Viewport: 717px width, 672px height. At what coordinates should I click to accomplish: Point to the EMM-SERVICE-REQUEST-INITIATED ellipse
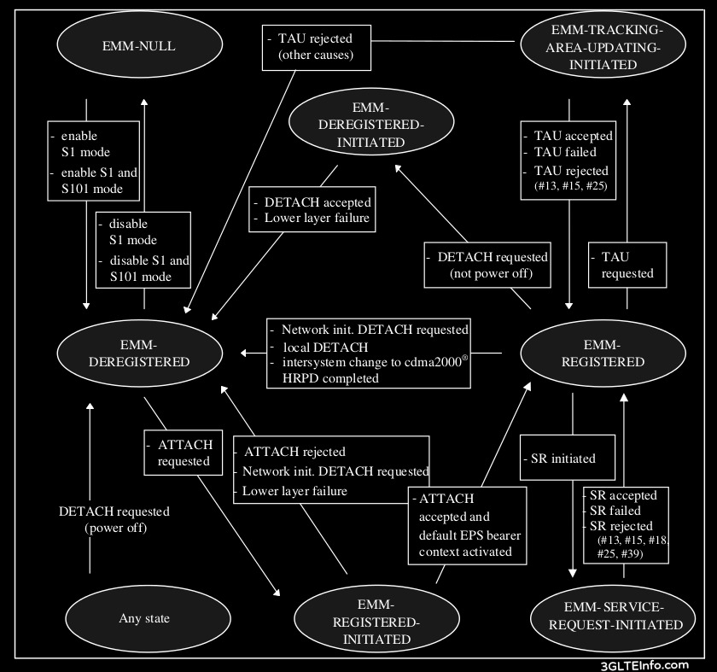point(607,616)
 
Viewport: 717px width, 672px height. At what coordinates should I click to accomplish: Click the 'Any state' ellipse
point(142,618)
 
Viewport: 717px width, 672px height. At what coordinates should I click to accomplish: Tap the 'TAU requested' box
point(627,264)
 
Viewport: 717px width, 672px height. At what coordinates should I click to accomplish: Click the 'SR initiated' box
point(568,459)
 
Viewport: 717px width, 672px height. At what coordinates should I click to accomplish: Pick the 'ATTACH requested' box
point(183,452)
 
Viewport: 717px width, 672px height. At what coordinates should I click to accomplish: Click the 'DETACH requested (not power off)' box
point(487,264)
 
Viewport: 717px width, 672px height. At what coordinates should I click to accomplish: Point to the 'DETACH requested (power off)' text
point(114,519)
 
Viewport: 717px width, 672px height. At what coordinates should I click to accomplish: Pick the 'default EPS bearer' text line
point(469,535)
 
